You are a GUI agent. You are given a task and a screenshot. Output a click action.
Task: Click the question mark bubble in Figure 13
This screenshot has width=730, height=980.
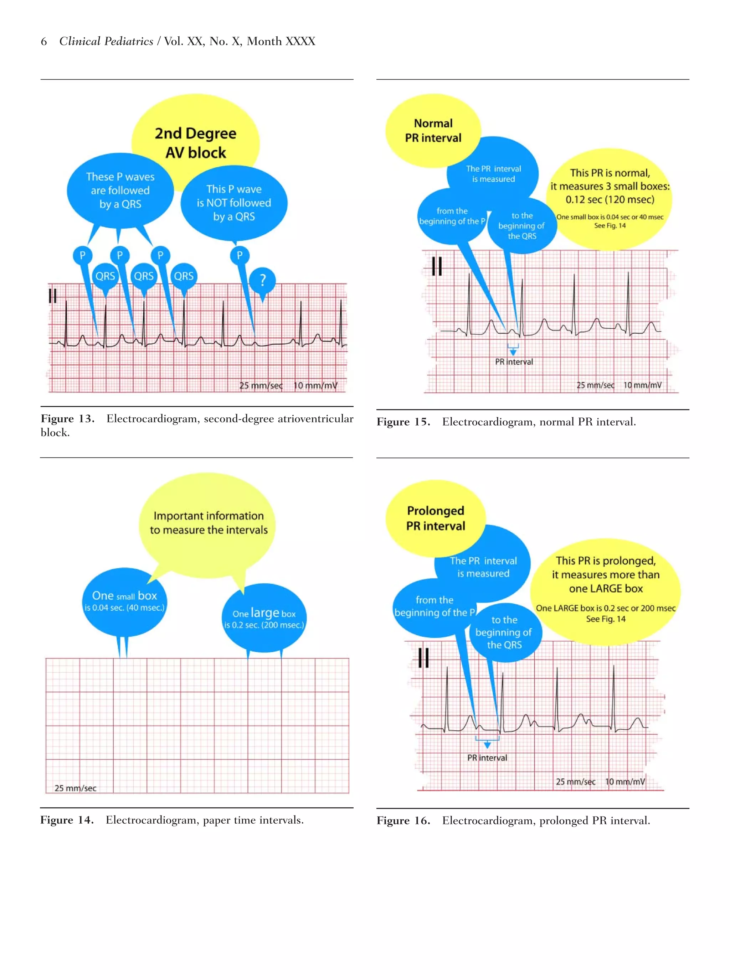[262, 280]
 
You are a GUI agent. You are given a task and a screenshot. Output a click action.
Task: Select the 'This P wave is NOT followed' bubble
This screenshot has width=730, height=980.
[234, 203]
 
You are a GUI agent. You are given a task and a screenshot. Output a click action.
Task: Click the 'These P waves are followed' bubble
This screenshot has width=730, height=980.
[120, 190]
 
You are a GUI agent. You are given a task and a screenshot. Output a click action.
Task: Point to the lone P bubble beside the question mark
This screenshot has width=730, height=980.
[240, 255]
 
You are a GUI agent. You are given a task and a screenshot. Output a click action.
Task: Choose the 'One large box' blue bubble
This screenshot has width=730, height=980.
[264, 618]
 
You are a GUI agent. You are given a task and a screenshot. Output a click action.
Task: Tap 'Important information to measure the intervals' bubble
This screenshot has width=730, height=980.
[209, 523]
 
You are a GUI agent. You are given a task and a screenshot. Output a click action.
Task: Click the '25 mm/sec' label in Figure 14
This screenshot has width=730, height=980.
[75, 788]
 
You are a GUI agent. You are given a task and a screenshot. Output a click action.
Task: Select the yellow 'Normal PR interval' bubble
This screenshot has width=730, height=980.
[433, 130]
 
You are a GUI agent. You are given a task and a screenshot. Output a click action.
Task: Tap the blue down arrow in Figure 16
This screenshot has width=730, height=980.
[487, 745]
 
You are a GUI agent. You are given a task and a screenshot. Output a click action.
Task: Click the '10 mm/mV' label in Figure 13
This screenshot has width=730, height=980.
[315, 385]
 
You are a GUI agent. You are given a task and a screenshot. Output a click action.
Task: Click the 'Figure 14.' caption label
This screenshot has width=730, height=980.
[67, 820]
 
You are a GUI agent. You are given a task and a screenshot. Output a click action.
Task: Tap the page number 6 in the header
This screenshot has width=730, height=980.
[44, 42]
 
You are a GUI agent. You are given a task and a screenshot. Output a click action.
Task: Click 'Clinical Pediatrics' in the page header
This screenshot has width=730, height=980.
[106, 42]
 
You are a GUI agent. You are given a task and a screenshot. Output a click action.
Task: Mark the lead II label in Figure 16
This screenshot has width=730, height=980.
[423, 658]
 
